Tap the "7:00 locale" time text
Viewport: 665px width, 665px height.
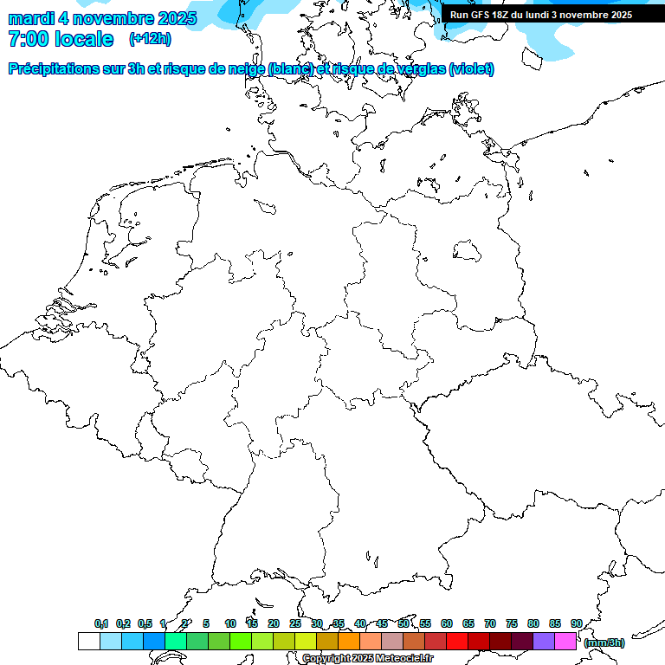[x=61, y=39]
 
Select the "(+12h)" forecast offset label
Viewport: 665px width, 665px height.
[x=150, y=39]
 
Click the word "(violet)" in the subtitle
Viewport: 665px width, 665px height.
[x=472, y=69]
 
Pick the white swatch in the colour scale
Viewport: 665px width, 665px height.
[x=88, y=641]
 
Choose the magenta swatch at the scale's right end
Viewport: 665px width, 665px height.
[x=565, y=641]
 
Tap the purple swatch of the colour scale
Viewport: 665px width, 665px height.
[x=544, y=641]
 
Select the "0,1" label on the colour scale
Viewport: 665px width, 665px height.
[x=101, y=623]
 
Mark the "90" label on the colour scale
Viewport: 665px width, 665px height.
[x=577, y=623]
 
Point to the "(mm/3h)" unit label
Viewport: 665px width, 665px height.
[x=604, y=642]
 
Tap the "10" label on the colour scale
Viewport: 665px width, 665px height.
[x=229, y=623]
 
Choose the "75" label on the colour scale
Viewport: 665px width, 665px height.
[x=512, y=623]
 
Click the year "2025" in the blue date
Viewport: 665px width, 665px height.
[x=173, y=18]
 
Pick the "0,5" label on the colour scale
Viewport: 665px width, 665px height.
[x=145, y=623]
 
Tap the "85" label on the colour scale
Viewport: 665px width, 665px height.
[x=555, y=623]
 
